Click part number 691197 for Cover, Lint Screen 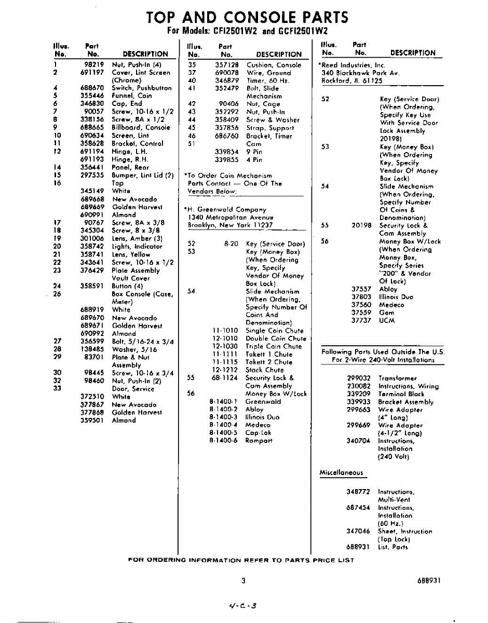pos(92,73)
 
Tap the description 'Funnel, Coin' pos(132,96)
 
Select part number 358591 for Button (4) pos(93,286)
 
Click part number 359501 pos(93,420)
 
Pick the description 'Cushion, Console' pos(274,65)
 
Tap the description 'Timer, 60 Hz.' pos(268,80)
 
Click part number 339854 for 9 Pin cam pos(227,152)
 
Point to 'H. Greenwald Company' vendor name pos(227,209)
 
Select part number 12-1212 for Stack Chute pos(225,370)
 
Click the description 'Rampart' pos(259,440)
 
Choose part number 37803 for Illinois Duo pos(361,297)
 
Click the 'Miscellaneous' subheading pos(341,472)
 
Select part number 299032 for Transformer pos(359,378)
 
